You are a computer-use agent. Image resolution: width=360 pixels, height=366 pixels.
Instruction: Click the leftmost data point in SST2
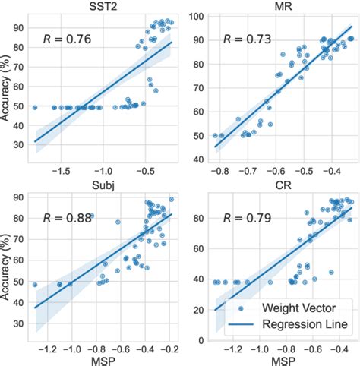click(35, 108)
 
